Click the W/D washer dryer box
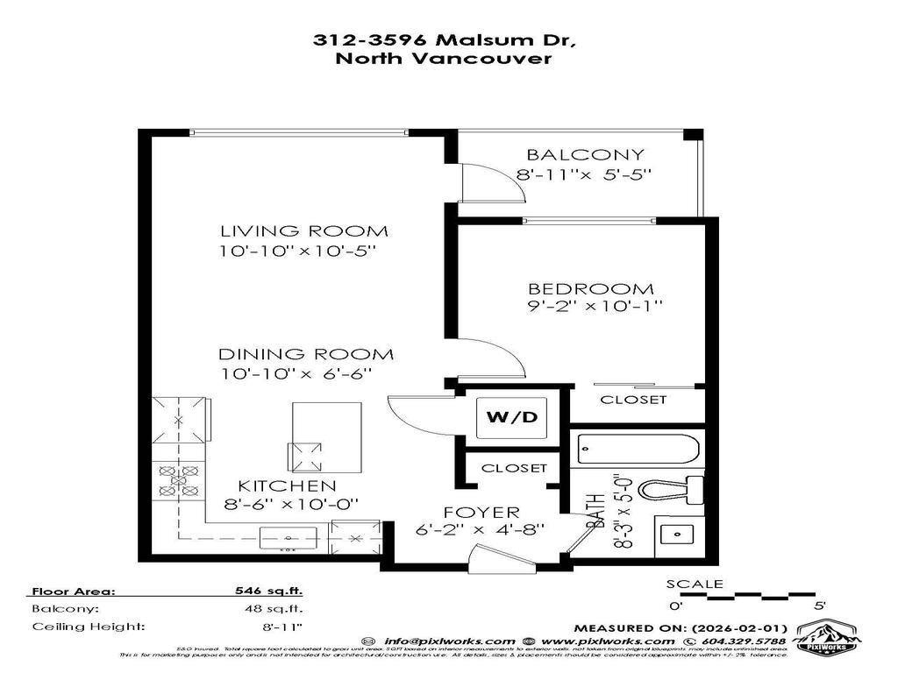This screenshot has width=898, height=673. [x=512, y=416]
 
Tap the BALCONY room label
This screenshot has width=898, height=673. [x=586, y=155]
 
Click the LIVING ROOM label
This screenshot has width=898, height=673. [x=303, y=231]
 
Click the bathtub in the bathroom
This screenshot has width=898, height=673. [x=638, y=450]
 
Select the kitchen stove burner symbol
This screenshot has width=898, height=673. [x=178, y=480]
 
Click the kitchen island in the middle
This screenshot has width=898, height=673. [x=325, y=436]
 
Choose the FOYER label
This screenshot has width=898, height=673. [x=480, y=512]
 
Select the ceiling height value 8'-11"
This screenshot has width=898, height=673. [x=280, y=627]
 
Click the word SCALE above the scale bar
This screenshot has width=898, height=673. [x=695, y=584]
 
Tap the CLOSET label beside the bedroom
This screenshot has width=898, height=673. [x=632, y=400]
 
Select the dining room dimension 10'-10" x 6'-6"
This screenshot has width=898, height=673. [x=297, y=374]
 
